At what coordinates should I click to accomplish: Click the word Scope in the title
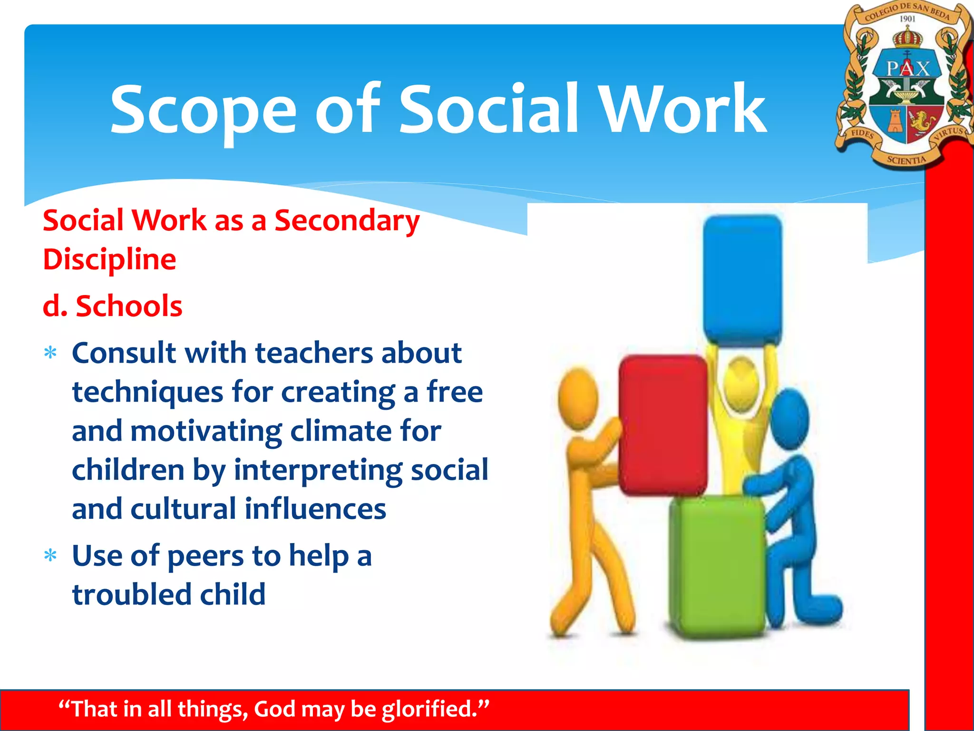point(204,110)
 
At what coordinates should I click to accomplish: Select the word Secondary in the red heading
point(347,221)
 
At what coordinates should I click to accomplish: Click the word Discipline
point(109,259)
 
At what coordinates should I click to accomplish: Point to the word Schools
point(129,306)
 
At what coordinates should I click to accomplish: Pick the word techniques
point(147,393)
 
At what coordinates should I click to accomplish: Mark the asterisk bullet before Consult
point(50,353)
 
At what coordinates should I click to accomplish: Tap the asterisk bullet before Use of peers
point(50,555)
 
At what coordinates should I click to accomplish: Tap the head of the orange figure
point(578,397)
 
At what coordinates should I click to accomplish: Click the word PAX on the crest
point(907,69)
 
